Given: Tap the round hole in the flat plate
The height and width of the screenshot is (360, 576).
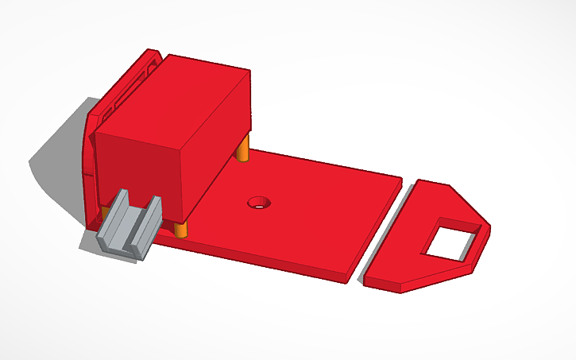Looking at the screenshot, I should [x=257, y=203].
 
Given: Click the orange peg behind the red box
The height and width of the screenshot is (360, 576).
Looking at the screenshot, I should [x=245, y=148].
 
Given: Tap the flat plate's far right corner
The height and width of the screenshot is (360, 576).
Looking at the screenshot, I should [x=401, y=178].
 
